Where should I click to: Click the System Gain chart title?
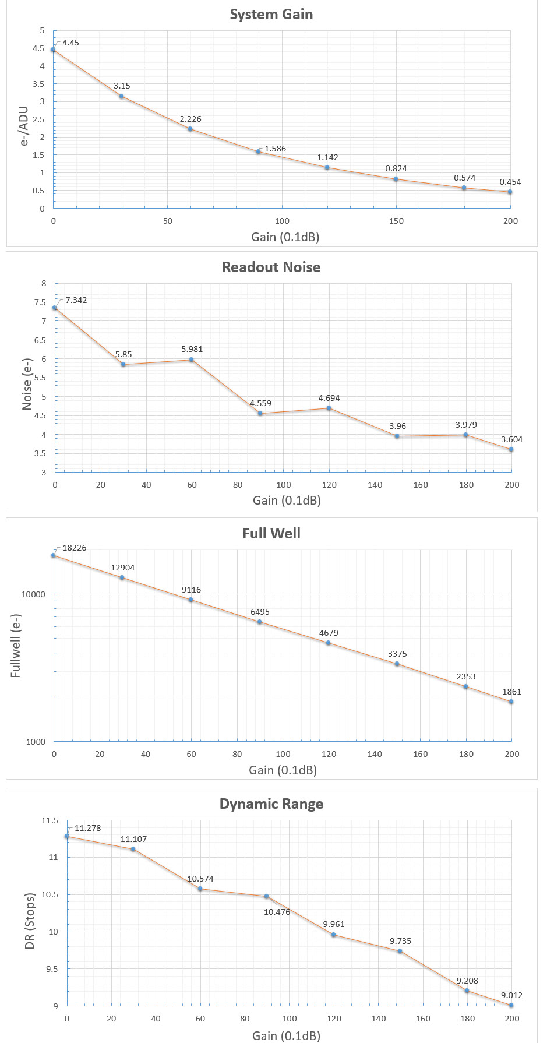click(271, 15)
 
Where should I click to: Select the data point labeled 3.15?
click(122, 96)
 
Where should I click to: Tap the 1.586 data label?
click(275, 149)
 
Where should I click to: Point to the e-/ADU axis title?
click(24, 125)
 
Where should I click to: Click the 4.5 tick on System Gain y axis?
click(39, 48)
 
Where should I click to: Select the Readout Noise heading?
click(271, 267)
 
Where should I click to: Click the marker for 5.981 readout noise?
click(191, 360)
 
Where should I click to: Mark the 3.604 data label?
click(511, 439)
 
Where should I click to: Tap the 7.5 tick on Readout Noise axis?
click(41, 302)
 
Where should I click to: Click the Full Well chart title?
click(271, 534)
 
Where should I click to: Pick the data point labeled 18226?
click(54, 555)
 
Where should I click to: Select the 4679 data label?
click(329, 633)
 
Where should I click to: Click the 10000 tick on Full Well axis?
click(33, 594)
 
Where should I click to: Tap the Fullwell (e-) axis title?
click(16, 646)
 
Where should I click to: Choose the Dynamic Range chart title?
click(271, 804)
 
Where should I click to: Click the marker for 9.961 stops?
click(333, 935)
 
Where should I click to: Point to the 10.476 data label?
click(277, 912)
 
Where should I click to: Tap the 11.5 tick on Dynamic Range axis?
click(50, 820)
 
